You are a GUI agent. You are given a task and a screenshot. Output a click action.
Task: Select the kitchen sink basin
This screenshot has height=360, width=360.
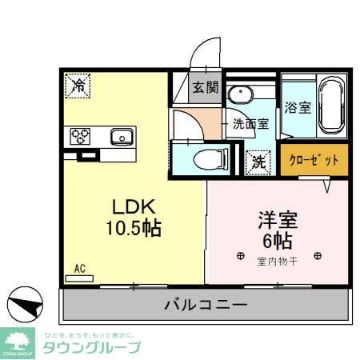click(122, 135)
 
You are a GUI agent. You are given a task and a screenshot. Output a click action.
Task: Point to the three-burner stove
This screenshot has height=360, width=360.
click(81, 136)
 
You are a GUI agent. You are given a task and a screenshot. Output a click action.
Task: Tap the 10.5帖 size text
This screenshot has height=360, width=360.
click(132, 228)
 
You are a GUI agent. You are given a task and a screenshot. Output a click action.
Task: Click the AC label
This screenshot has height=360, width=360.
click(79, 269)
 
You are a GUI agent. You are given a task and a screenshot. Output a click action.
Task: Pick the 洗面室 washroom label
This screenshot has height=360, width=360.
click(250, 124)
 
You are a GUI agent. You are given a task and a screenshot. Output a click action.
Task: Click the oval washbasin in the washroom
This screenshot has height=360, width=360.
click(240, 96)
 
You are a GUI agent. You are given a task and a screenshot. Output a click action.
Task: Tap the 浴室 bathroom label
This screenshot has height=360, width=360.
click(298, 107)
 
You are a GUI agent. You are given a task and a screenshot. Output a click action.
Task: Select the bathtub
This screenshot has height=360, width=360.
click(331, 107)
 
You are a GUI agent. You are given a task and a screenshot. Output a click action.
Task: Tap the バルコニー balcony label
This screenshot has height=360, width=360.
click(206, 304)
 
